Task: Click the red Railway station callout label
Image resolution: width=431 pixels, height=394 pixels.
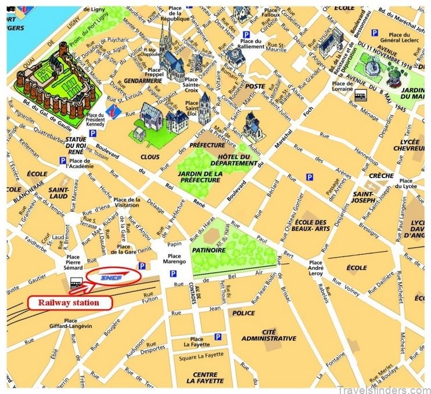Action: pos(68,302)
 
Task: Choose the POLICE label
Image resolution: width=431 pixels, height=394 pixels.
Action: pos(243,313)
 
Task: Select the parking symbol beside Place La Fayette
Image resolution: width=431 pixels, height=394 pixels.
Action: pos(217,336)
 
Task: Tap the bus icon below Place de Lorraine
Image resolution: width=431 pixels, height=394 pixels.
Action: pos(361,95)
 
